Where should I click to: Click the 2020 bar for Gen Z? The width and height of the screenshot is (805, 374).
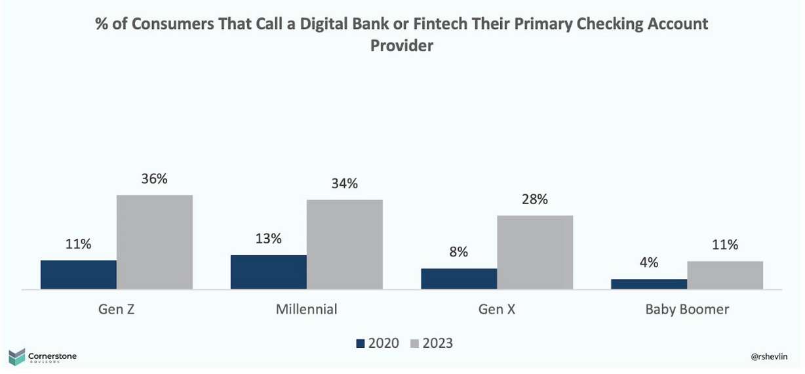tap(79, 274)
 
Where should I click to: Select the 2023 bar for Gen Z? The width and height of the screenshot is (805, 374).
tap(155, 242)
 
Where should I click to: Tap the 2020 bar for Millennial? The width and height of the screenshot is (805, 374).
tap(269, 272)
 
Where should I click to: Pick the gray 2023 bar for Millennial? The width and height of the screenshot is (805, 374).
tap(345, 244)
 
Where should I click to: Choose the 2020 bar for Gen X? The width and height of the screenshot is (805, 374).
tap(459, 279)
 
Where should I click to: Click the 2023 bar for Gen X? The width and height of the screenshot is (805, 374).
tap(535, 252)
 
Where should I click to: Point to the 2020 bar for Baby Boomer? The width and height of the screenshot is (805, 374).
tap(649, 284)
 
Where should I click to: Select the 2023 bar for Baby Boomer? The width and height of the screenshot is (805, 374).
tap(725, 275)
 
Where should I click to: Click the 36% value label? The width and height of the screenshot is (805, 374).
tap(155, 178)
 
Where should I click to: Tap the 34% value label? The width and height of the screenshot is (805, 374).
tap(345, 184)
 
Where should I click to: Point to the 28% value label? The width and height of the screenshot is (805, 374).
tap(535, 199)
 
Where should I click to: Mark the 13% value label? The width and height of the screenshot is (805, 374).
tap(269, 239)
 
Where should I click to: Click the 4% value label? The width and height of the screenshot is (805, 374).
tap(649, 262)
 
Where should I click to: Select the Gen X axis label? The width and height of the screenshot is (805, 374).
tap(497, 309)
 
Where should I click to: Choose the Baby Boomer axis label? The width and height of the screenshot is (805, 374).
tap(687, 309)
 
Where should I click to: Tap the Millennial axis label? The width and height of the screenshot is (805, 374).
tap(307, 309)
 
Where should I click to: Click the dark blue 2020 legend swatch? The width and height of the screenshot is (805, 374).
tap(359, 343)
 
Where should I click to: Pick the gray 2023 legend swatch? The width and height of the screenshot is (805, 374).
tap(414, 343)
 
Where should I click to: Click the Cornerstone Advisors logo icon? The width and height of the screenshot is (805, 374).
tap(16, 357)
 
